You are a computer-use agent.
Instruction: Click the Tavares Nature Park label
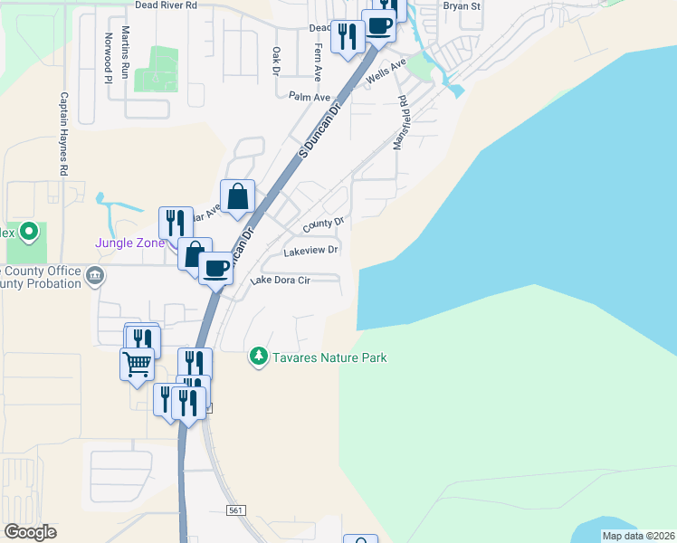(330, 357)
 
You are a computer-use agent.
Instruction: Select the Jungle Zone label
(130, 243)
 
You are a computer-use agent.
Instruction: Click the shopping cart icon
(137, 365)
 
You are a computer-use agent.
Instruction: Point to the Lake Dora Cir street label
(281, 281)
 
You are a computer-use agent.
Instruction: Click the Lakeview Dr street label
(310, 251)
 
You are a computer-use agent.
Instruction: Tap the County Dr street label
(324, 223)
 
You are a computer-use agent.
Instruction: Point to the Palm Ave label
(310, 96)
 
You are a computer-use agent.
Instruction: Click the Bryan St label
(464, 5)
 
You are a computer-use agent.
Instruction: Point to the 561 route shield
(235, 511)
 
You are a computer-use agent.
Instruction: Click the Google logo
(30, 532)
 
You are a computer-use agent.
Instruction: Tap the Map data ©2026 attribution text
(638, 535)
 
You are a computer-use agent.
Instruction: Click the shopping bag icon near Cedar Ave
(237, 196)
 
